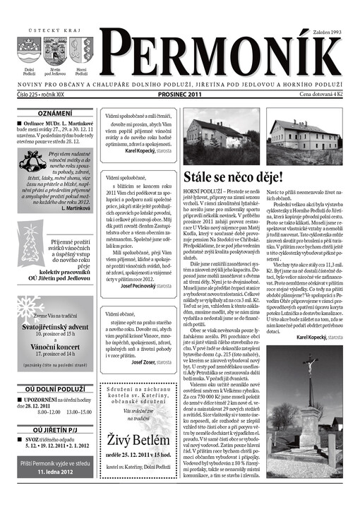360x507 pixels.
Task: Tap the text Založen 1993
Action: (x=325, y=32)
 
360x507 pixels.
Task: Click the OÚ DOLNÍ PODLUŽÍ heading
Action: (x=55, y=388)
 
